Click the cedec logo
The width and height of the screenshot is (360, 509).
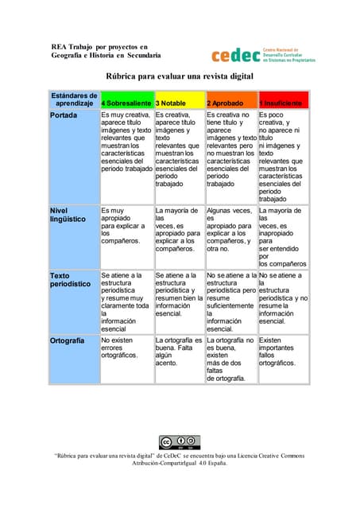click(263, 55)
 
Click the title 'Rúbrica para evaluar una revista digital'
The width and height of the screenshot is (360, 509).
click(180, 77)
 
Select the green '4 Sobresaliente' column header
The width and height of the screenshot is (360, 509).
click(126, 103)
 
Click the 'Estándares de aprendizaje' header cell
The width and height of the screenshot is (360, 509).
click(74, 99)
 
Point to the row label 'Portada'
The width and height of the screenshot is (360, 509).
click(64, 115)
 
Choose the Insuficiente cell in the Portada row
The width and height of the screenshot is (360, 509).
click(283, 157)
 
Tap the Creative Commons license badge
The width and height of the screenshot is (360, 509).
click(179, 443)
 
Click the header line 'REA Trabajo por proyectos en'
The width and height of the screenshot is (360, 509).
click(99, 47)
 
